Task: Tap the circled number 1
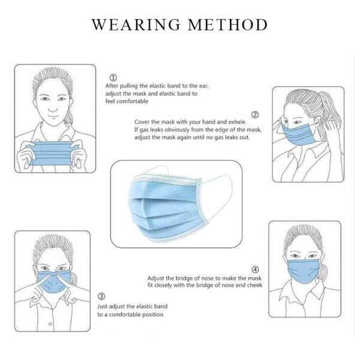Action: tap(114, 77)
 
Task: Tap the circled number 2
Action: tap(255, 115)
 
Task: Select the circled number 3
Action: tap(101, 296)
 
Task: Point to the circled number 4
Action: tap(256, 269)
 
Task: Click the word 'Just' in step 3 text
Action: tap(103, 306)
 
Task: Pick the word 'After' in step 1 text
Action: tap(112, 86)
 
